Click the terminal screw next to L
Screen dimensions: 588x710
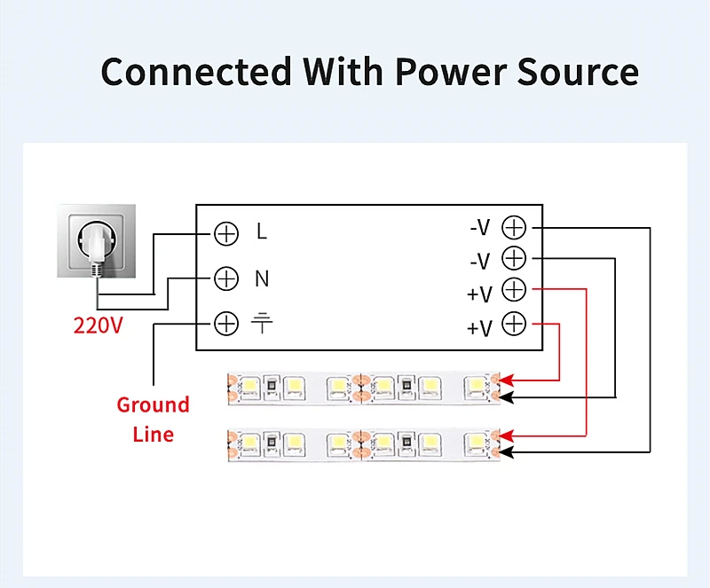[x=226, y=233]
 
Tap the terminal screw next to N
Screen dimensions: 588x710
[x=226, y=278]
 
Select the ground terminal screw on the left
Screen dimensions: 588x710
[x=226, y=324]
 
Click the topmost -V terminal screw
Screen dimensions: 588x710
[x=514, y=227]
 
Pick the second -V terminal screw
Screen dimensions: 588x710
[x=514, y=259]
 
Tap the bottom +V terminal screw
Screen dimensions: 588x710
[x=514, y=324]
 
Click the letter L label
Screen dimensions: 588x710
[x=262, y=232]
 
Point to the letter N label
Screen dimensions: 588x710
[x=262, y=278]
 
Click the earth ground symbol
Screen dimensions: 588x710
[x=262, y=322]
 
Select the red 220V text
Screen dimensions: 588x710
[x=98, y=325]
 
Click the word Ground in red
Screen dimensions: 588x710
[x=154, y=405]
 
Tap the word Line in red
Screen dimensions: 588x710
[x=154, y=434]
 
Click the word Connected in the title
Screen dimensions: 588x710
[x=196, y=72]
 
